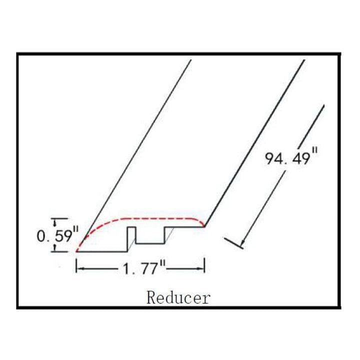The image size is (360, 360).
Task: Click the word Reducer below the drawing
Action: click(x=178, y=298)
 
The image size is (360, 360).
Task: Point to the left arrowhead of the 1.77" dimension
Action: click(x=79, y=269)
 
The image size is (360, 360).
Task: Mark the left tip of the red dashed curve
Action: click(x=76, y=250)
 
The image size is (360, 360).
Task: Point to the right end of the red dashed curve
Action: click(x=203, y=225)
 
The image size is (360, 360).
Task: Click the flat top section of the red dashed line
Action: click(x=160, y=218)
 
